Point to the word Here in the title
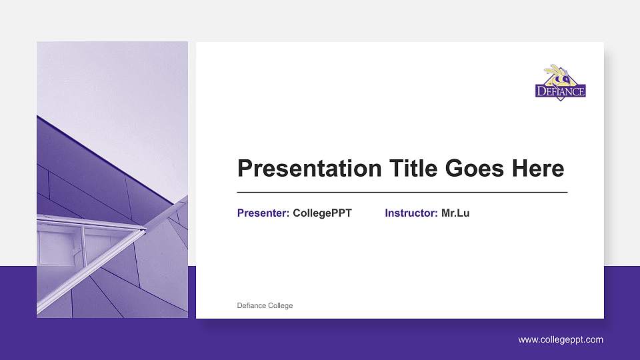537,169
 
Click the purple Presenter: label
263,213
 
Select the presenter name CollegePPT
322,213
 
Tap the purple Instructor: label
411,213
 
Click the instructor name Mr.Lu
455,213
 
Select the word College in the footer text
280,306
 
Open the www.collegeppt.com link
561,340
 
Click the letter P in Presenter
241,213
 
